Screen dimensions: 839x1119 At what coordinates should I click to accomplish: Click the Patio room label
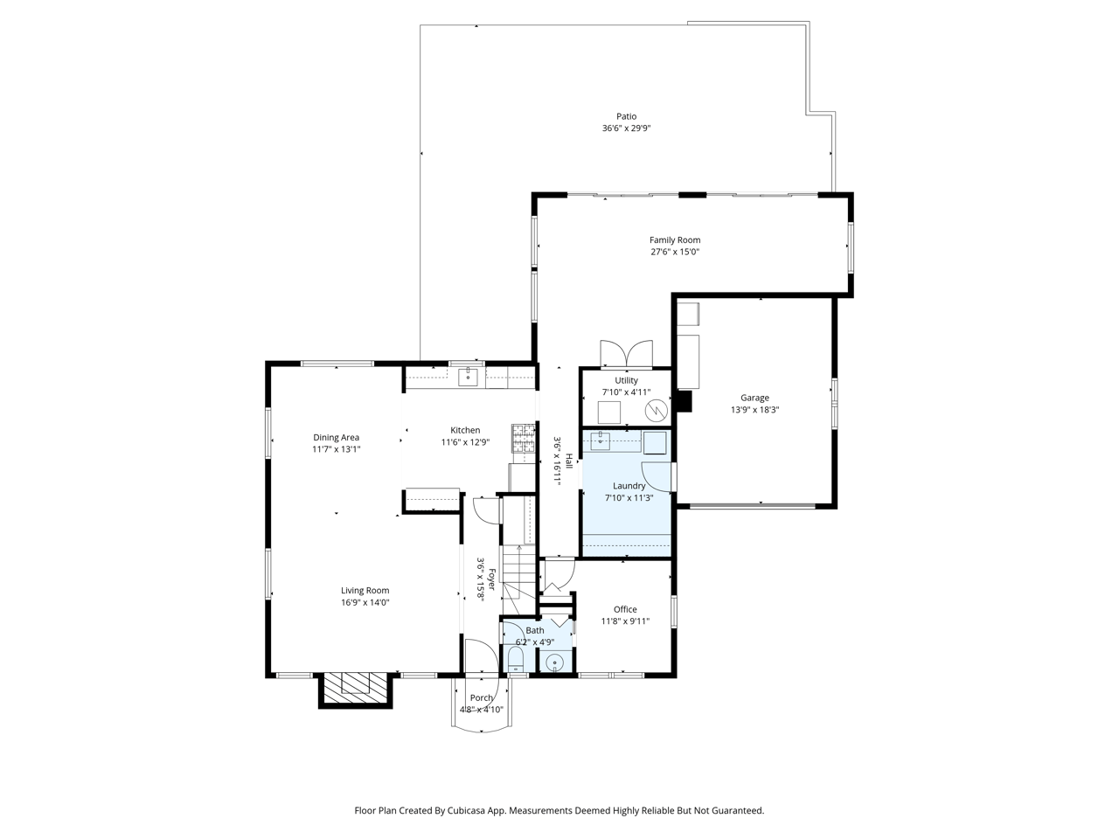626,116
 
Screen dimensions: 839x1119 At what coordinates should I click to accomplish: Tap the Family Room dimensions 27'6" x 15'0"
674,252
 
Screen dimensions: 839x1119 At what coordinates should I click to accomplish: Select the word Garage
754,398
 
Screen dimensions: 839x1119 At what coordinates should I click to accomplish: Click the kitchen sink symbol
469,377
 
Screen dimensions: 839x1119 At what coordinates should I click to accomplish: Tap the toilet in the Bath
515,660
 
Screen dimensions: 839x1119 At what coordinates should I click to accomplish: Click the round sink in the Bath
554,663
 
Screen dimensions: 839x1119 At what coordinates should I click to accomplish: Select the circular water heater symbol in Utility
655,410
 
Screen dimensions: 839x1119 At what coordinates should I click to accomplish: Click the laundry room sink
600,440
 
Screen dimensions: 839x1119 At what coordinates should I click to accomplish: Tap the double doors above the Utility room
626,354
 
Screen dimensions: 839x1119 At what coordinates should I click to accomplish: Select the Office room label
625,609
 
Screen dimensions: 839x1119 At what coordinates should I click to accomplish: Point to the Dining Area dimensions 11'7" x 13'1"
337,449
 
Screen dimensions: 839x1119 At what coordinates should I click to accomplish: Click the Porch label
482,697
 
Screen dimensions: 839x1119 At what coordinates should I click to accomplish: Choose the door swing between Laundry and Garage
674,476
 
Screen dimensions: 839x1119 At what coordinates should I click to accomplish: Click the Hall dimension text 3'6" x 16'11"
556,460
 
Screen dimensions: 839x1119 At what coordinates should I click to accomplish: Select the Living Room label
365,590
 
